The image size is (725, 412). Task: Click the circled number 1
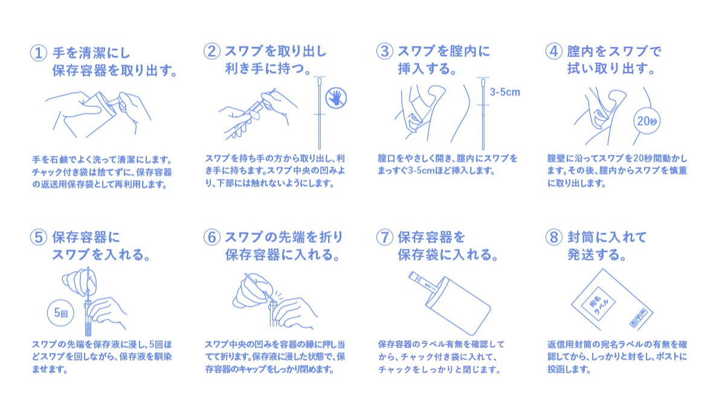39,53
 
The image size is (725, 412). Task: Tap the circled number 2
212,51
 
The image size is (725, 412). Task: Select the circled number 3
385,51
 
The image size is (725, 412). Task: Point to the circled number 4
554,51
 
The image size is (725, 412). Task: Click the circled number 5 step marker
39,237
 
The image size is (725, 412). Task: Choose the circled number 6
212,237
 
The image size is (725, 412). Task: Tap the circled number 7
385,237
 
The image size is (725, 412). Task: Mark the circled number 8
554,237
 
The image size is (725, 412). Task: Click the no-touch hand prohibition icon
336,98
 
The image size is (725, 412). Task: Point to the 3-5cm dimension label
505,92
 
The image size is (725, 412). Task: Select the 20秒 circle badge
646,121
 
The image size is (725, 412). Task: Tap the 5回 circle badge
60,313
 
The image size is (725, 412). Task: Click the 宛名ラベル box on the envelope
598,304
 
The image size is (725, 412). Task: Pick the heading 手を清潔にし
91,53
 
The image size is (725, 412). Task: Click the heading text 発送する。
597,255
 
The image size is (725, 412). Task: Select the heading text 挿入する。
427,69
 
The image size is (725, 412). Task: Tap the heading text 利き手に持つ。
268,69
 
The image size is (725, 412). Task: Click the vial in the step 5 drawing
88,318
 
